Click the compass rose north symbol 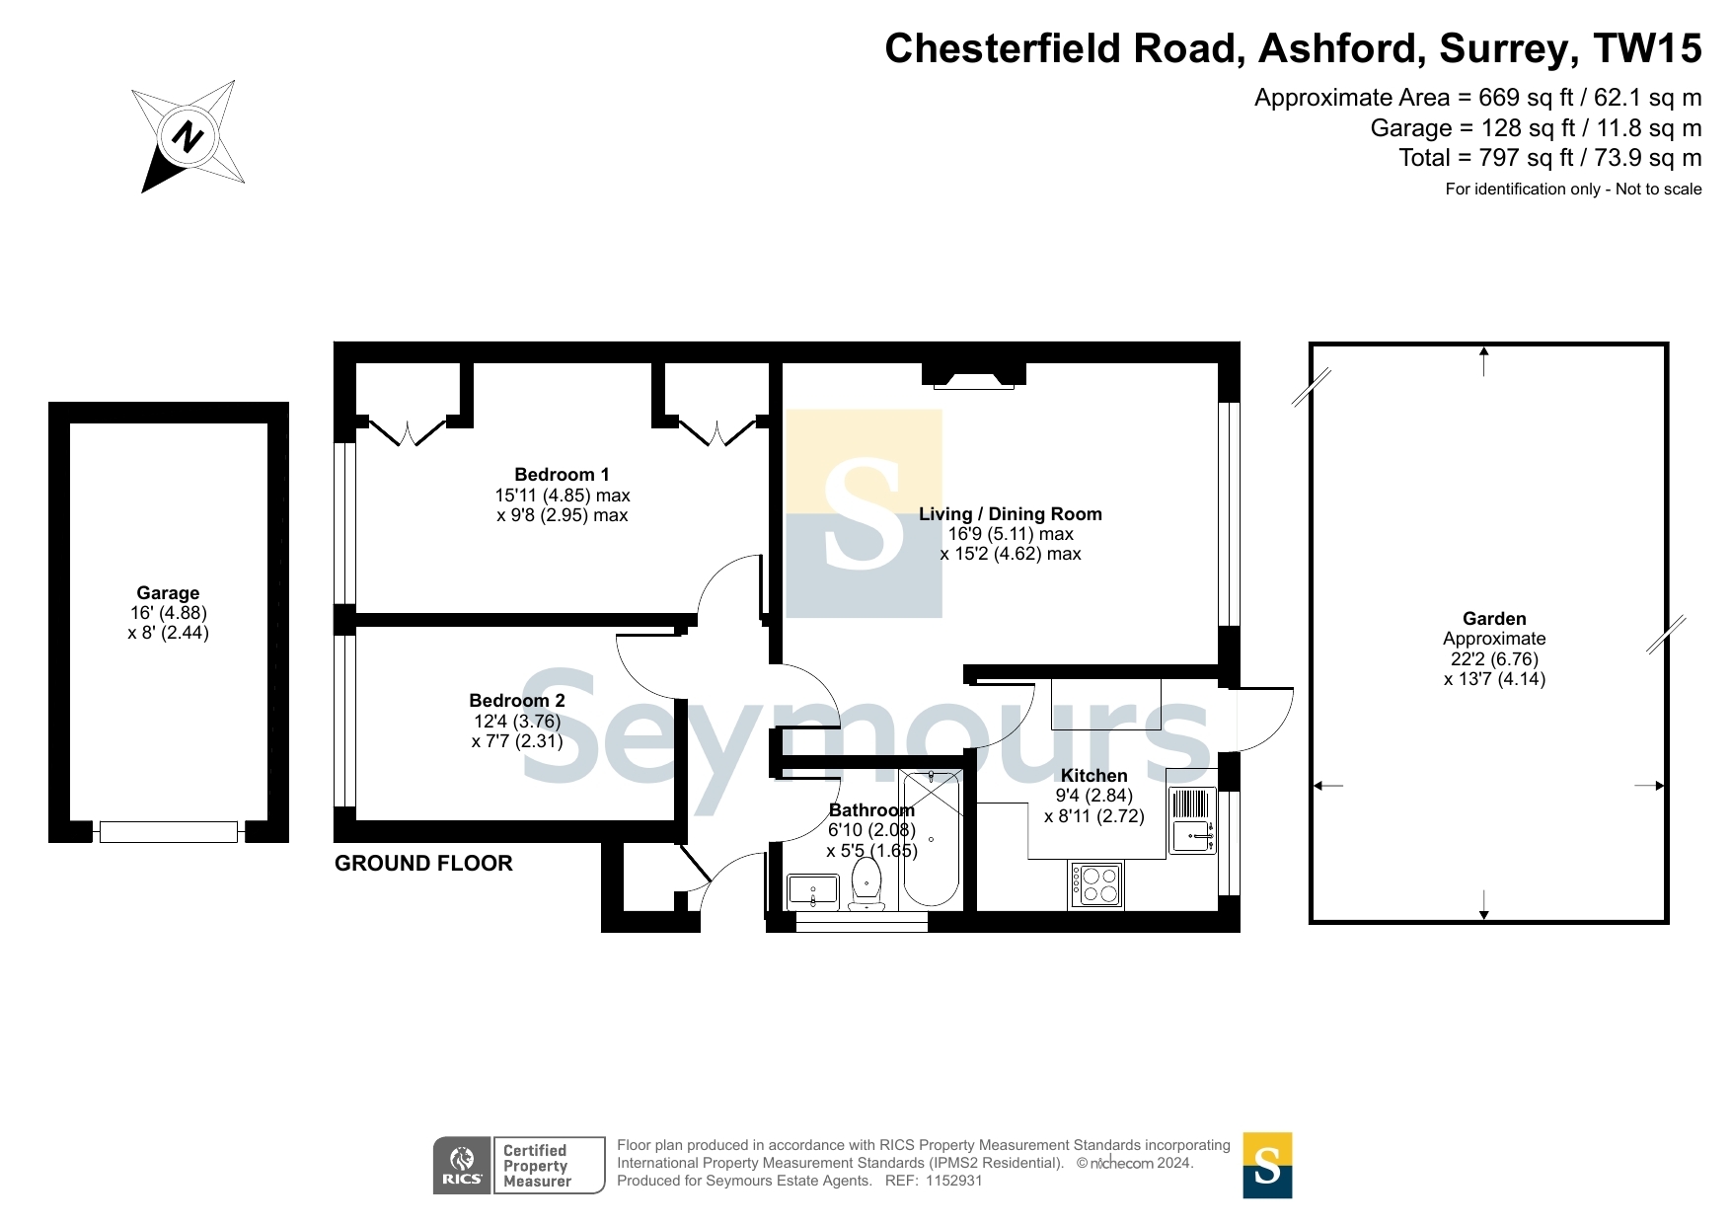[188, 135]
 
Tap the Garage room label [168, 593]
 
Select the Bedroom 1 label [562, 475]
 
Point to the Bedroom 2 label [517, 701]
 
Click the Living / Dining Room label [1011, 514]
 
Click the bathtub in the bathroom [931, 839]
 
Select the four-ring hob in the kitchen [1095, 884]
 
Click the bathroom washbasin [813, 891]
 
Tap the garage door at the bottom [169, 832]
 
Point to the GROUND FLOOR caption [423, 864]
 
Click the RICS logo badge [462, 1166]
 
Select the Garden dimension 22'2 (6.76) [1494, 659]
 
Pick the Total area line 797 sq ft [1549, 158]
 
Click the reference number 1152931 [953, 1181]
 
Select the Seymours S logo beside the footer [1267, 1166]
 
